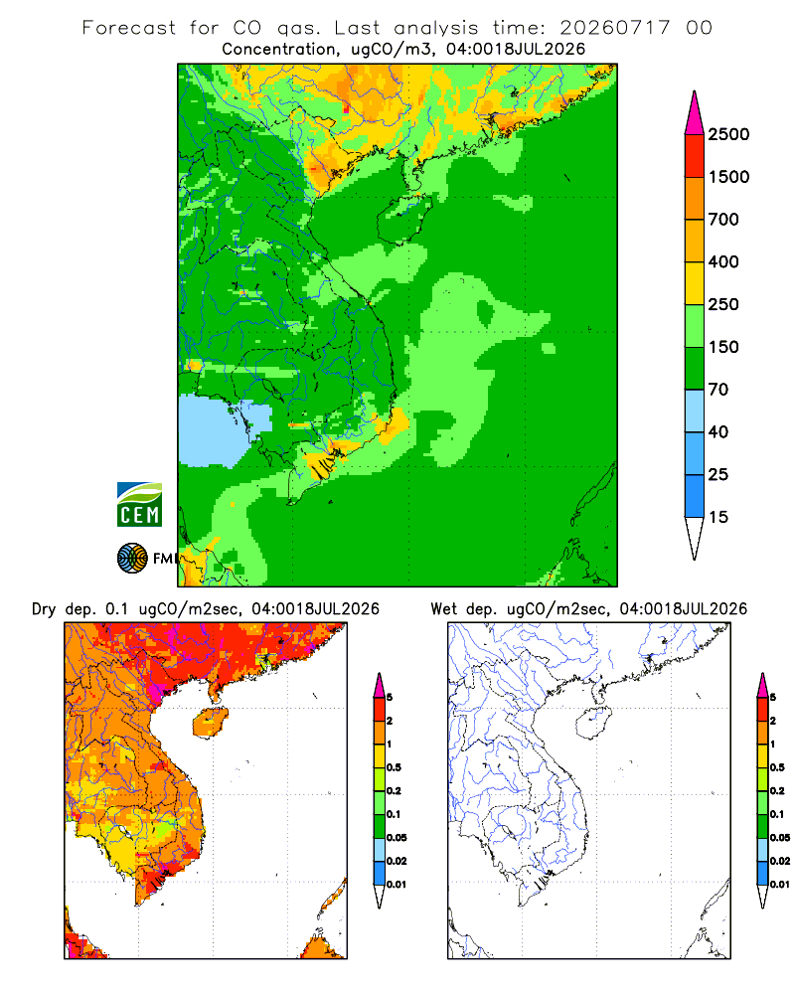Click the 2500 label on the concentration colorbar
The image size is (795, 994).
[x=728, y=134]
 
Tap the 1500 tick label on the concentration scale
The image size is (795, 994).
[x=728, y=177]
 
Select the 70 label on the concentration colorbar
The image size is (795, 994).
[x=718, y=390]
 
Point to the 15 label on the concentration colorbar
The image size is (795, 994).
[x=718, y=517]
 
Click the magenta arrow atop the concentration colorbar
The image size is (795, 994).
[x=695, y=113]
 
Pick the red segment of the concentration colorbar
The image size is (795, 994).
[x=695, y=156]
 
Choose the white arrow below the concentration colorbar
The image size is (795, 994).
[x=695, y=538]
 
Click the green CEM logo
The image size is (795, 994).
[x=139, y=504]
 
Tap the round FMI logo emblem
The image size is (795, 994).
[x=132, y=559]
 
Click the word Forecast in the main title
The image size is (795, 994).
[x=129, y=28]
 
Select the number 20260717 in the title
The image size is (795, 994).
[x=614, y=28]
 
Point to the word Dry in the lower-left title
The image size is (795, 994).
[x=44, y=609]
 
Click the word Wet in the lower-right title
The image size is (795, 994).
[x=444, y=609]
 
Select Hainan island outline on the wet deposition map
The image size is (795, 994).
[x=593, y=724]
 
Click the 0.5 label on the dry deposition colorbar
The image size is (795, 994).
[x=394, y=767]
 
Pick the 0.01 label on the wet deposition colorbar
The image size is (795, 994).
[x=780, y=885]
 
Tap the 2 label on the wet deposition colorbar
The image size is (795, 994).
[x=773, y=721]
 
